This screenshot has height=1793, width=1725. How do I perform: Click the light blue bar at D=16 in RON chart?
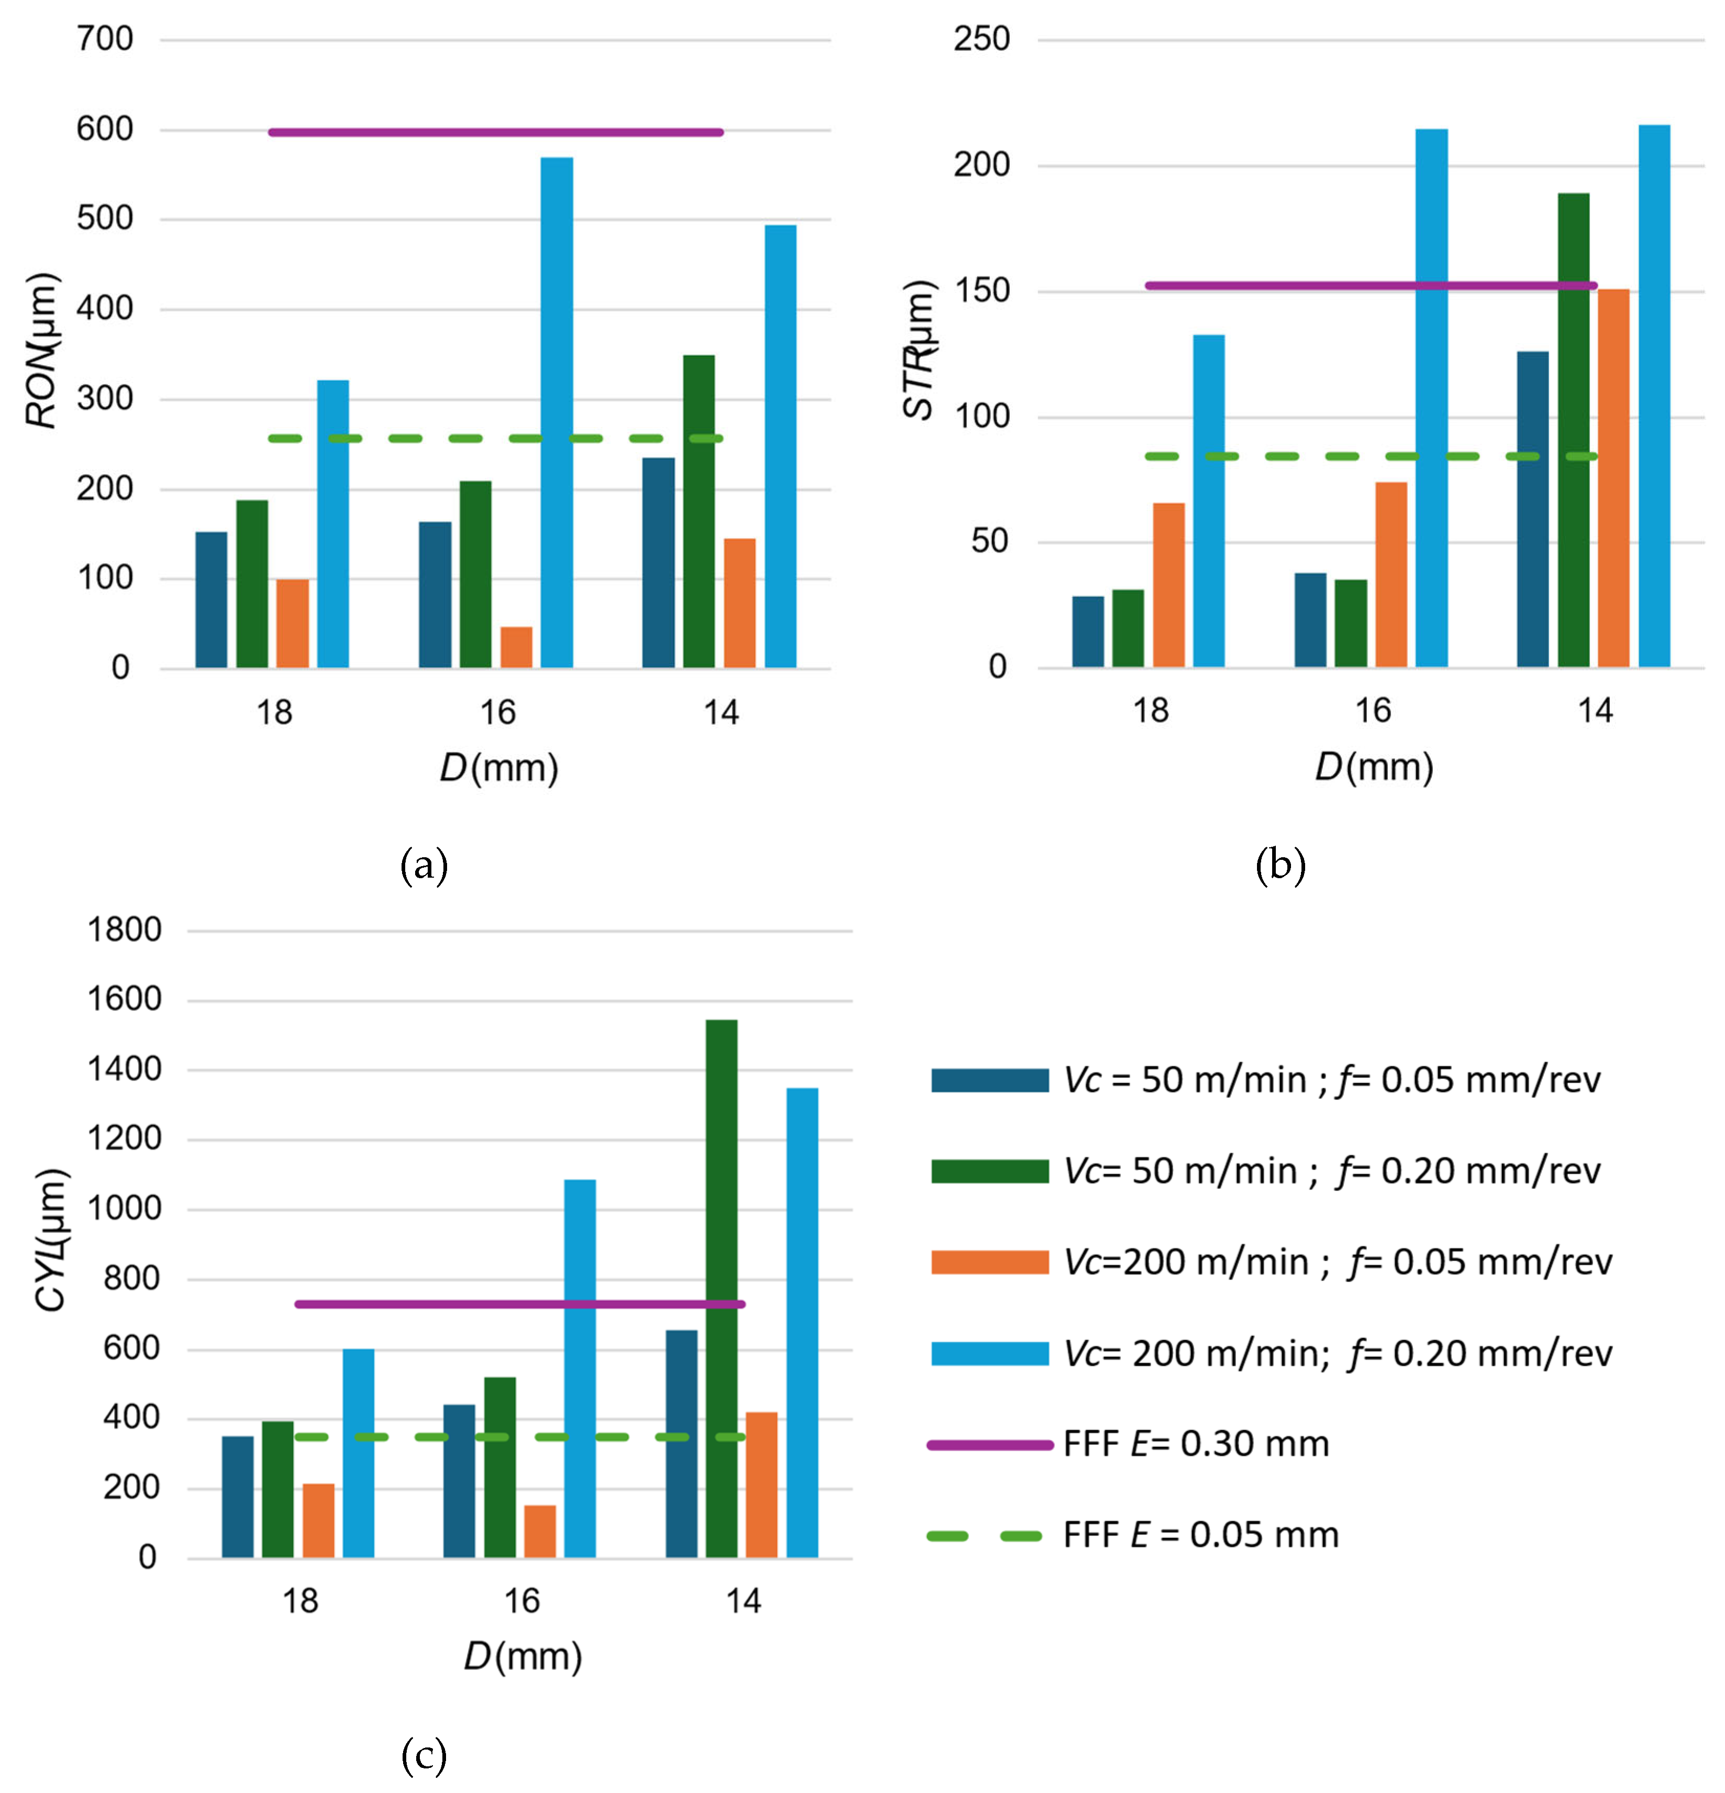point(557,412)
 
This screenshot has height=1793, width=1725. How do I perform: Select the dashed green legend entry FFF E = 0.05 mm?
point(1200,1535)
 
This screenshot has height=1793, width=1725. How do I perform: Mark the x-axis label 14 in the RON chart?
point(721,712)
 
